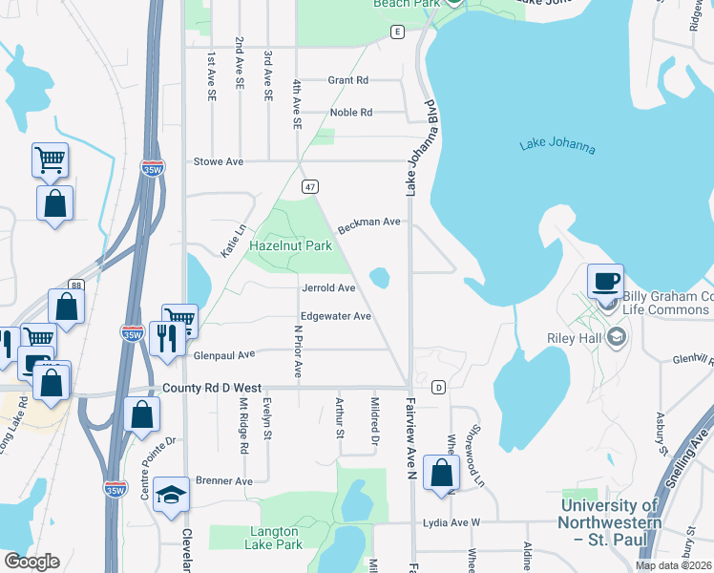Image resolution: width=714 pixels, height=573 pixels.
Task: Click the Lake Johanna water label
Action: [557, 147]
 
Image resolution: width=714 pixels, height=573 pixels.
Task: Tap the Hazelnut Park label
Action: [290, 245]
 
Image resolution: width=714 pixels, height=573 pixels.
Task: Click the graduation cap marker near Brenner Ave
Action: [171, 495]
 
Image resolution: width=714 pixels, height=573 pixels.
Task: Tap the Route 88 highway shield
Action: [76, 285]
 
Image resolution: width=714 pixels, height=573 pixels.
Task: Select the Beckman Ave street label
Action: [368, 222]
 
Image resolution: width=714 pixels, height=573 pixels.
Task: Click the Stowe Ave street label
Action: [219, 161]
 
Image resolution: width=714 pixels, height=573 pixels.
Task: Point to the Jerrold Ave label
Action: [328, 287]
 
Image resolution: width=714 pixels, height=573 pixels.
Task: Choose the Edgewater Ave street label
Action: [335, 316]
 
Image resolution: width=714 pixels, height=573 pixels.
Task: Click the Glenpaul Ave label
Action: [224, 354]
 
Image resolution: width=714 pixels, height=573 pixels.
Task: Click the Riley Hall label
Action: [573, 337]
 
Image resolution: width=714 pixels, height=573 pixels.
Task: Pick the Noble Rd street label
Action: [350, 112]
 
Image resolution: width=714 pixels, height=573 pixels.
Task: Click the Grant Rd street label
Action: [348, 80]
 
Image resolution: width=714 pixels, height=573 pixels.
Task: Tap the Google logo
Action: [31, 562]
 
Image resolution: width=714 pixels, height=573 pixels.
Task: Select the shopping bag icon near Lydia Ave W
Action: [441, 473]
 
